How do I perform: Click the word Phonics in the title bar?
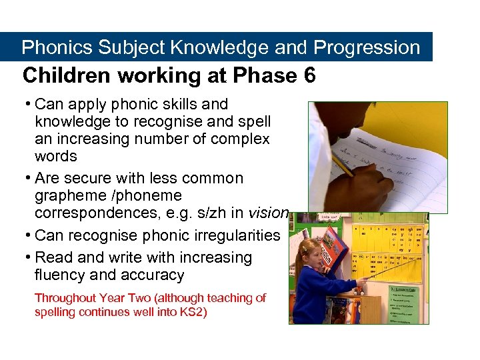[x=57, y=48]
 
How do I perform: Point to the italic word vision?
[x=268, y=213]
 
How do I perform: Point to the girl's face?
[x=315, y=250]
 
